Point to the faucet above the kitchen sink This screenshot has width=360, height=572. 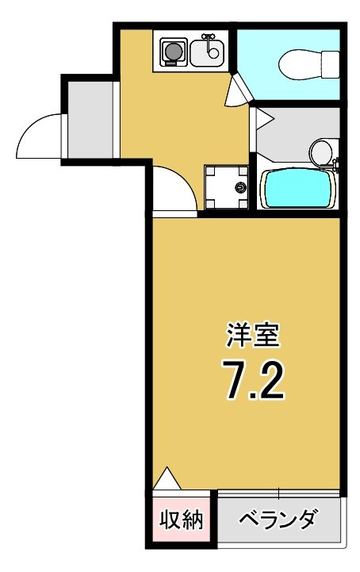(209, 37)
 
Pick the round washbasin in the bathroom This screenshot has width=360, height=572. (321, 150)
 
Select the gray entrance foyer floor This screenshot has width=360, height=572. (90, 118)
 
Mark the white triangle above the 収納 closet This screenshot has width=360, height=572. (167, 479)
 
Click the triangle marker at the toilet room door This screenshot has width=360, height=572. (236, 93)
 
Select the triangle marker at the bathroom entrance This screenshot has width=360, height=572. (262, 120)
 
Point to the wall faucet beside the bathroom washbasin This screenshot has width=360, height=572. (336, 165)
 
